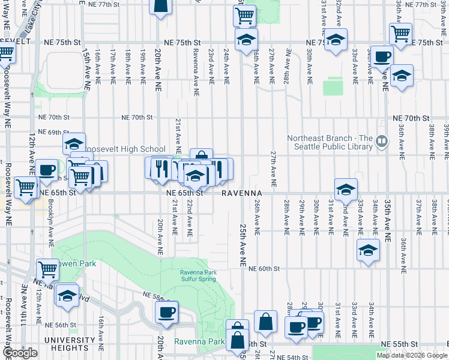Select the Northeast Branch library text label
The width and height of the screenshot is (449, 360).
coord(329,142)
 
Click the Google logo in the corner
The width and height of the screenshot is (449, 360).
coord(20,353)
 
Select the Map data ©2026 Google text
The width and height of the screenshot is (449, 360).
coord(412,355)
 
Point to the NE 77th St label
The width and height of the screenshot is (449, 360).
coord(100,4)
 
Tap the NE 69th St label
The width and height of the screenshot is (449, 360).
coord(50,132)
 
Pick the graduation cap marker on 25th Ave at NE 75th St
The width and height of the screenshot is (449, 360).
coord(246,40)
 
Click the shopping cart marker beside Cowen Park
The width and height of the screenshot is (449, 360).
coord(47,269)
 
